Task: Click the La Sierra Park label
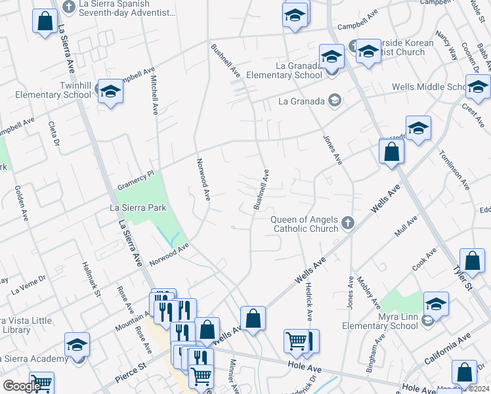(138, 208)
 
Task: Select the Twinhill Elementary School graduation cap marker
(110, 92)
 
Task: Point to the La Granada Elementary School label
(284, 70)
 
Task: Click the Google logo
(22, 386)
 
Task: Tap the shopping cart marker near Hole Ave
(297, 341)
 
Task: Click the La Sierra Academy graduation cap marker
(77, 345)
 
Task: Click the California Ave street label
(448, 349)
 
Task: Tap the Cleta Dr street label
(54, 135)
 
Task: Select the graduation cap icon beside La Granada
(335, 100)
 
